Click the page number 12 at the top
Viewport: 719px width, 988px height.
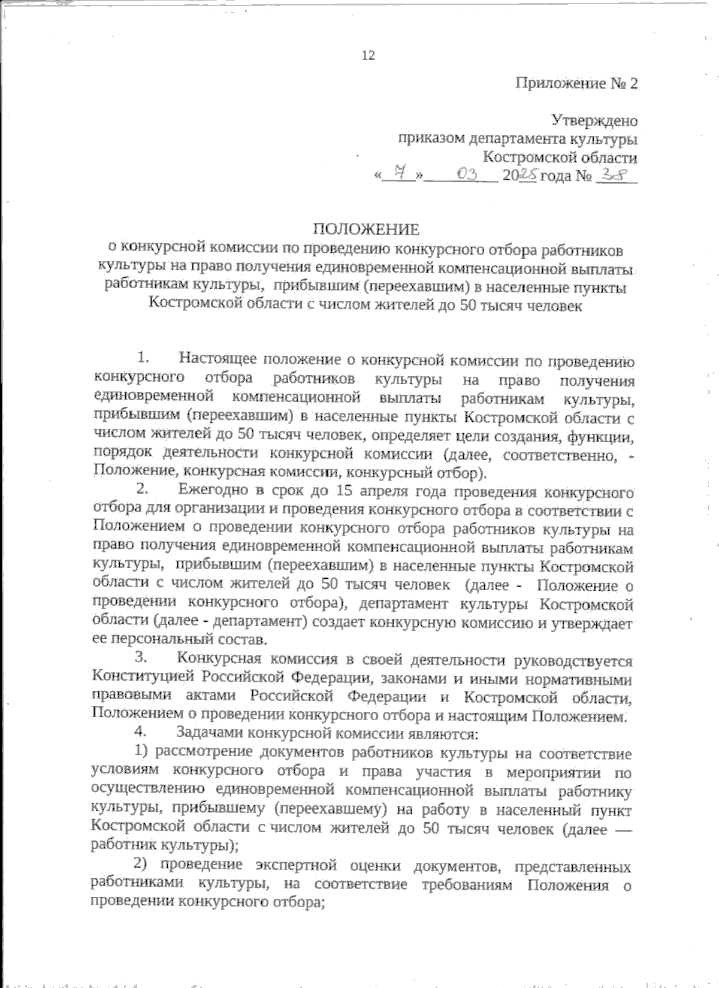tap(368, 56)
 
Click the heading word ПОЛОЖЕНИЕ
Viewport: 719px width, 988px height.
tap(367, 229)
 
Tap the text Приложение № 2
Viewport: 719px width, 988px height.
tap(576, 83)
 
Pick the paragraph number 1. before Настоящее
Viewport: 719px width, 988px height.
tap(143, 359)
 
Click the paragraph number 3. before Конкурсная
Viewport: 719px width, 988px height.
tap(143, 659)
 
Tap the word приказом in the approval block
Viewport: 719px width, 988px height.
tap(430, 139)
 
